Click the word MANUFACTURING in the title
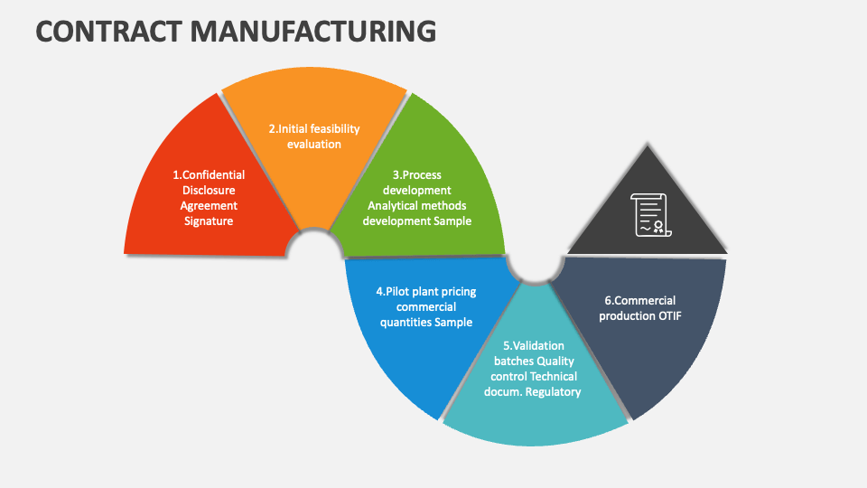point(312,32)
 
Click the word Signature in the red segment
point(209,221)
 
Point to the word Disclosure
point(209,191)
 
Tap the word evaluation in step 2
point(314,144)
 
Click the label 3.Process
point(416,175)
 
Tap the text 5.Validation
point(534,346)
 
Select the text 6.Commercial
point(639,301)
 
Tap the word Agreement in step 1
point(209,206)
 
